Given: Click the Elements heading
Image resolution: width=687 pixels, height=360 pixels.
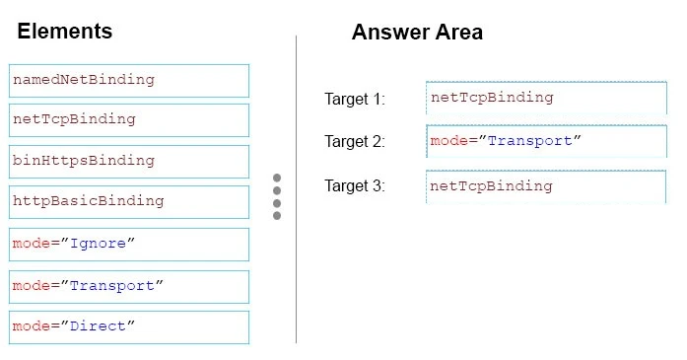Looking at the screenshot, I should tap(65, 32).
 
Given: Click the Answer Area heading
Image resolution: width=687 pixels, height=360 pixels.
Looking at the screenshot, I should tap(417, 33).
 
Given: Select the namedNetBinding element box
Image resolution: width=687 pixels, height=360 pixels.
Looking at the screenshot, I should tap(128, 80).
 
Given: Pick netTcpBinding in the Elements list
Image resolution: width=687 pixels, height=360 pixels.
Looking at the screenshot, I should tap(128, 119).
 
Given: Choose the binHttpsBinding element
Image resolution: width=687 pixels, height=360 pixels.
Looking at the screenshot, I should tap(128, 161).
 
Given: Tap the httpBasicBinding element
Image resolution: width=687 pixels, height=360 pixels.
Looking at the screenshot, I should tap(128, 201).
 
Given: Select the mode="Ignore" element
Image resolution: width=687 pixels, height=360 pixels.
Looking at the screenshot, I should tap(128, 244).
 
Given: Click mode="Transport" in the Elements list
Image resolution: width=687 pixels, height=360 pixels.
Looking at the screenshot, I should tap(128, 286).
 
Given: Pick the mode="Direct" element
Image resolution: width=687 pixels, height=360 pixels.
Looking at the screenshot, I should tap(128, 326).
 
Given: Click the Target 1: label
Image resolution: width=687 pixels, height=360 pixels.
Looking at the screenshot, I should tap(355, 99).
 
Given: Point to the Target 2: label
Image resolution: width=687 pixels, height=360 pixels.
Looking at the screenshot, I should tap(355, 142).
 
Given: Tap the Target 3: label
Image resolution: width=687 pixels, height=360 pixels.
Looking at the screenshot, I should tap(355, 185).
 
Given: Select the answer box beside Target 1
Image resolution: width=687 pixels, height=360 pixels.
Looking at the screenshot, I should tap(546, 98).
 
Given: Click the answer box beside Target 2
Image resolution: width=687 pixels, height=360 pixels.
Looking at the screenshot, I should tap(546, 141).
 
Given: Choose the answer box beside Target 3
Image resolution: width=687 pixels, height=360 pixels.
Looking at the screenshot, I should tap(546, 185).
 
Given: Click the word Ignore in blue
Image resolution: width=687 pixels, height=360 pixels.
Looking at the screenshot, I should tap(100, 244).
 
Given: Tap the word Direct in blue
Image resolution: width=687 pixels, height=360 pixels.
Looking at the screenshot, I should tap(100, 326).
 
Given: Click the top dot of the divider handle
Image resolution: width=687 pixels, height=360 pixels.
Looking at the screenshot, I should tap(277, 179).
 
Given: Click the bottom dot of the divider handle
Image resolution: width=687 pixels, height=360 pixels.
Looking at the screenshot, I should tap(277, 215).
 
